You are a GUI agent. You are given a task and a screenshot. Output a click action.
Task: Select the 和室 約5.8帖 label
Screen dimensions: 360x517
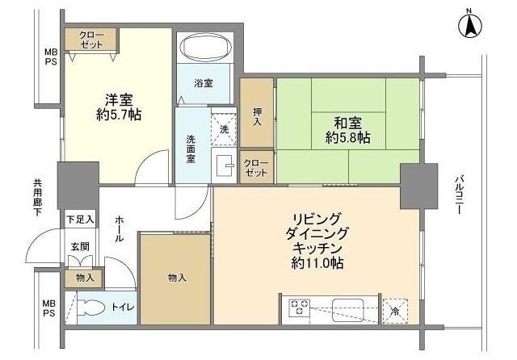point(348,130)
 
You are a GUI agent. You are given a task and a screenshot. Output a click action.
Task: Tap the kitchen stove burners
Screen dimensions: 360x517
point(301,308)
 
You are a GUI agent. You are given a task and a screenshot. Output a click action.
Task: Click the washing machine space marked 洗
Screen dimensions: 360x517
point(223,129)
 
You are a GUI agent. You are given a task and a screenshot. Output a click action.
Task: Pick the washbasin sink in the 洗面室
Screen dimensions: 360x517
point(223,165)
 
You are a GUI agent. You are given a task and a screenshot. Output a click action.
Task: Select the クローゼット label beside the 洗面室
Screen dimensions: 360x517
point(256,168)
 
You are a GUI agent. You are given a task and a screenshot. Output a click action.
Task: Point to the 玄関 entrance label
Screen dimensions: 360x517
point(79,247)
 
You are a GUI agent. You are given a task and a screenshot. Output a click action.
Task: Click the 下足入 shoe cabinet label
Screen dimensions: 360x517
point(80,219)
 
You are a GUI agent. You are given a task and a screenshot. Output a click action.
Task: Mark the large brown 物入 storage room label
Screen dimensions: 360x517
point(177,278)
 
